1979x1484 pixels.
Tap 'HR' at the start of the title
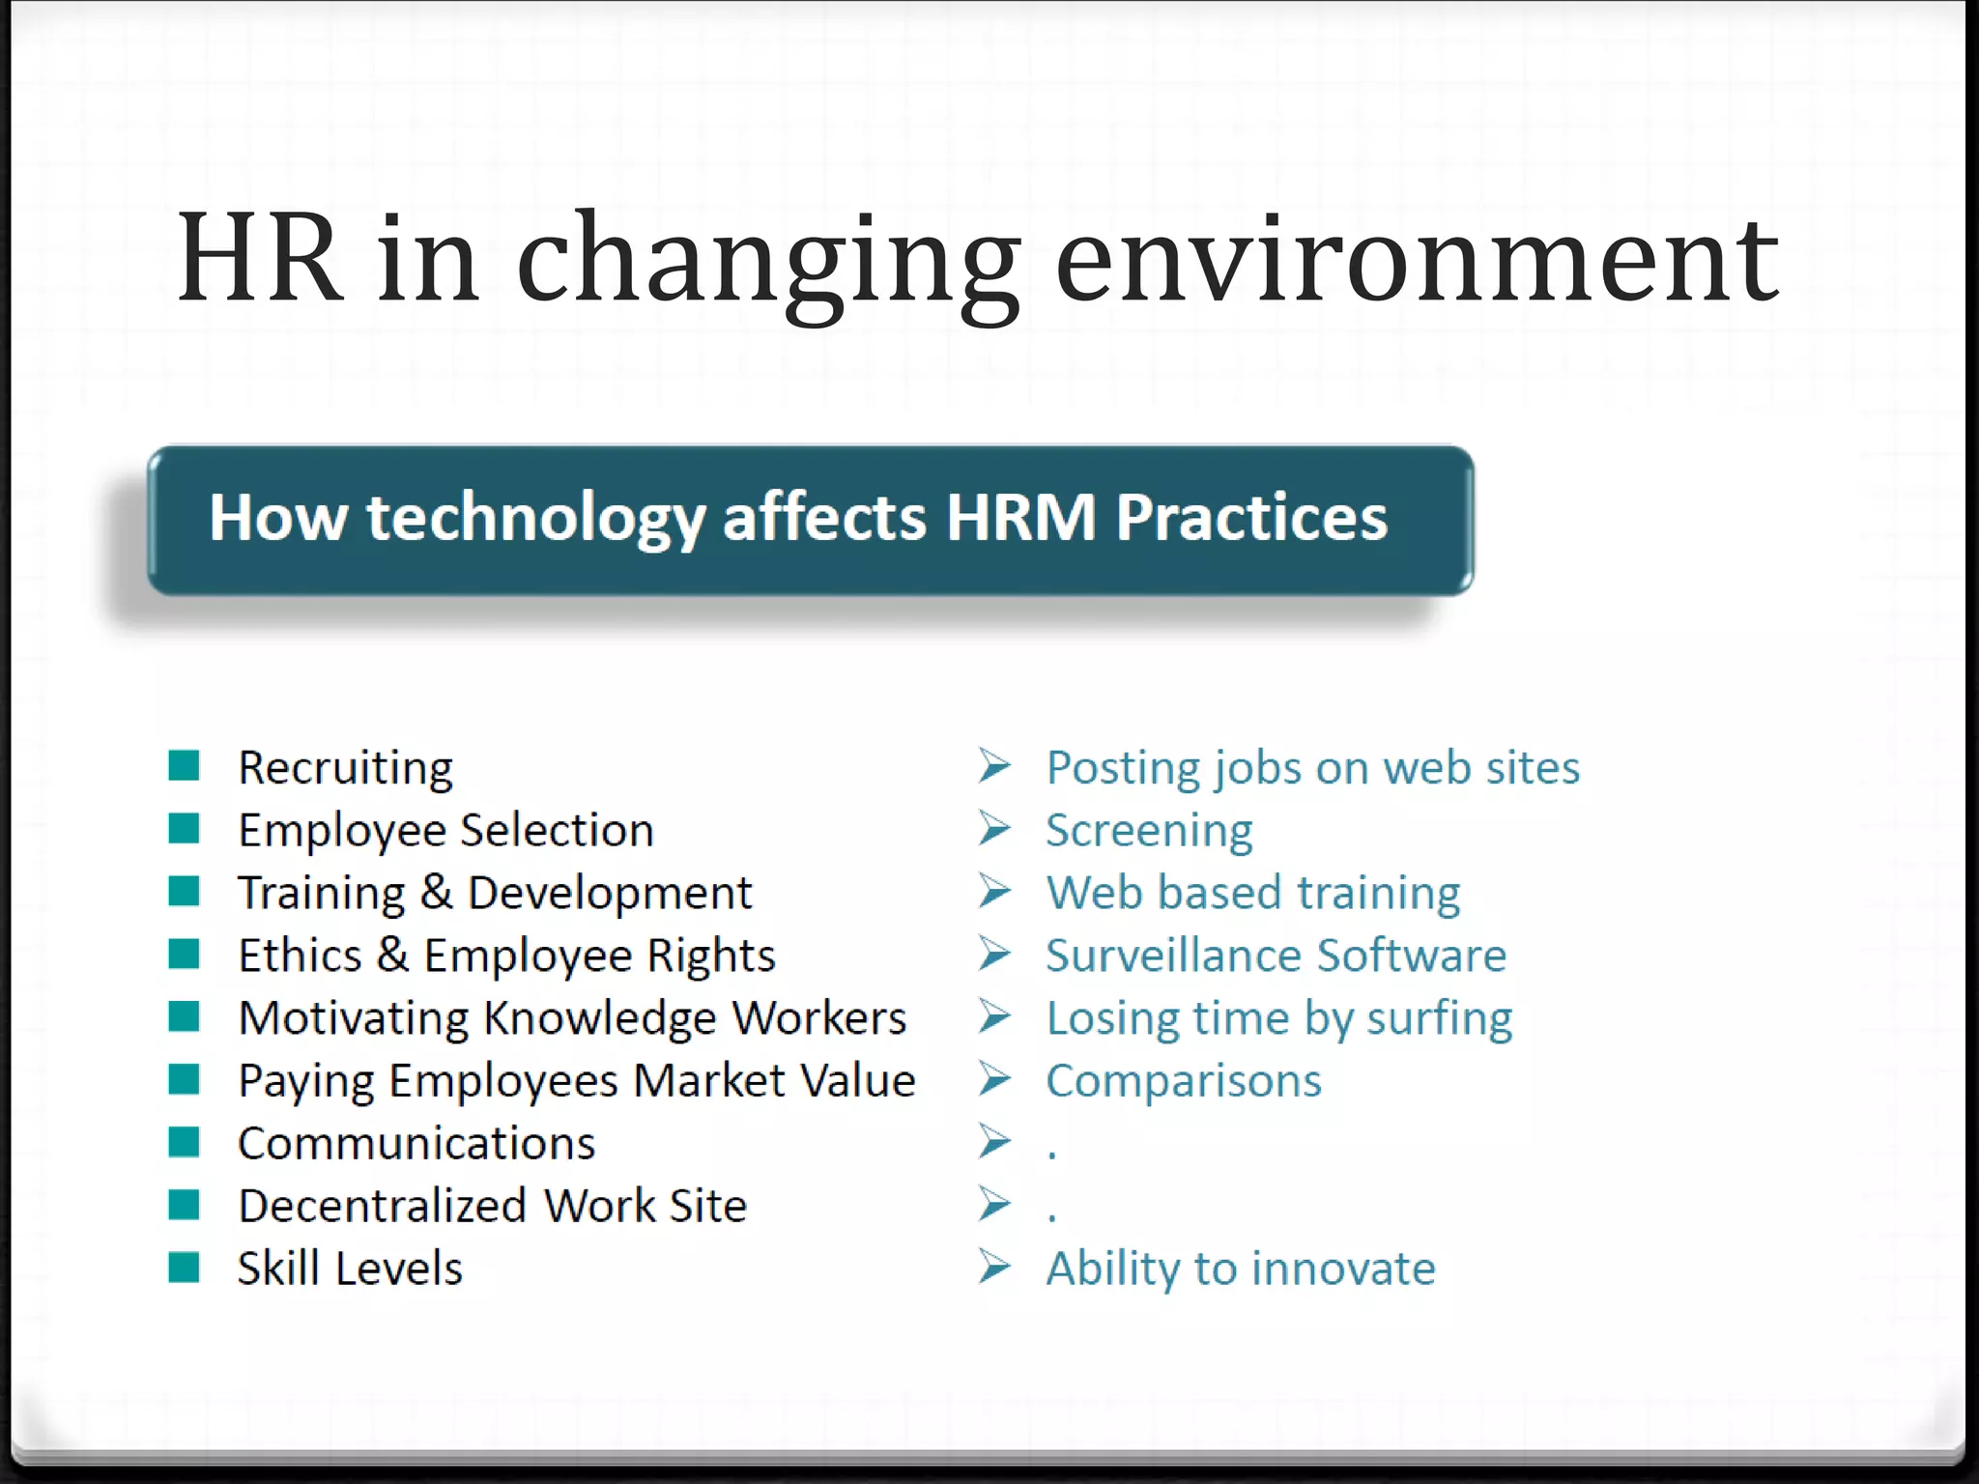point(259,259)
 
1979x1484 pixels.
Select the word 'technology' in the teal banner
point(534,518)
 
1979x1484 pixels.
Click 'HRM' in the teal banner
point(1020,518)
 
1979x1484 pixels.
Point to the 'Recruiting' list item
point(345,768)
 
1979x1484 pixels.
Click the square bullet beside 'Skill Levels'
point(184,1267)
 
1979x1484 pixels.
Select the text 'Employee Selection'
point(445,831)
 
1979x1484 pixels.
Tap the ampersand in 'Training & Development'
point(437,892)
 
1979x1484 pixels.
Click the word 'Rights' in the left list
point(710,956)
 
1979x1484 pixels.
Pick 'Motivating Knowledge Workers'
point(572,1018)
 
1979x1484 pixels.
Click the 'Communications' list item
point(416,1144)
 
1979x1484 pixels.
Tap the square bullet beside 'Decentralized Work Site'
point(184,1205)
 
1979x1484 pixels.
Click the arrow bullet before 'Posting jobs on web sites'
point(994,766)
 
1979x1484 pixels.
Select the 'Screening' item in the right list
point(1149,831)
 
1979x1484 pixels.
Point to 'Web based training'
point(1252,893)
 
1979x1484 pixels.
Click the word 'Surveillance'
point(1173,956)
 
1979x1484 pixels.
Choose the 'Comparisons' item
point(1183,1080)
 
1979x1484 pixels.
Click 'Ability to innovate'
point(1241,1269)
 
